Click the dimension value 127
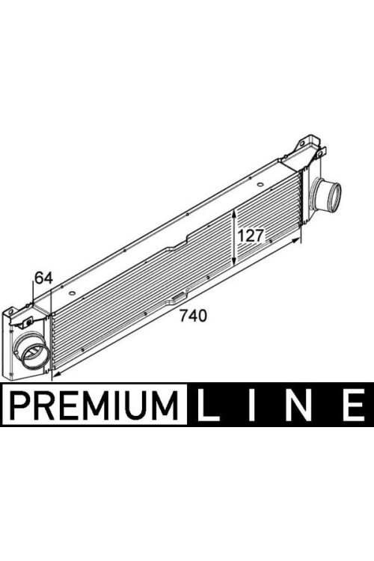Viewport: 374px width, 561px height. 251,236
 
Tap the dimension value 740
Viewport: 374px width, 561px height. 193,316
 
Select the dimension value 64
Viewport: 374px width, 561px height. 43,278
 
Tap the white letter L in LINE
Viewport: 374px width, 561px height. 208,405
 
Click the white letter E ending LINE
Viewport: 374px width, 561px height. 354,405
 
